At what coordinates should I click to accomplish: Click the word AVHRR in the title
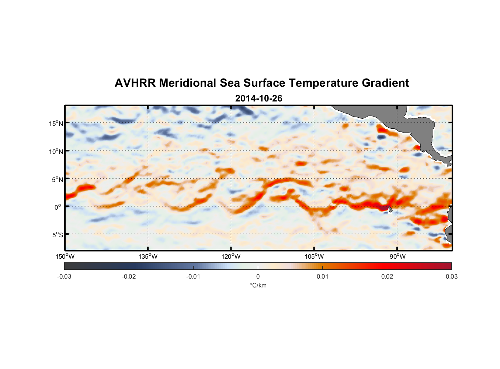point(135,83)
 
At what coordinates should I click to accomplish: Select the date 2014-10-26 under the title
point(258,99)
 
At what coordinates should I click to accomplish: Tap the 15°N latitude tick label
point(56,123)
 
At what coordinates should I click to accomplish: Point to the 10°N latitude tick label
point(56,151)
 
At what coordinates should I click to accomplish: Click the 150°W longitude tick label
point(65,256)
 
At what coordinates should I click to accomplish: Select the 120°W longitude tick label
point(231,256)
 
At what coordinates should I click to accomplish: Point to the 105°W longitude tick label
point(314,256)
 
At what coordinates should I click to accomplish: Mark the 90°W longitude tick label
point(397,256)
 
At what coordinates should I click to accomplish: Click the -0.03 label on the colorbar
point(64,276)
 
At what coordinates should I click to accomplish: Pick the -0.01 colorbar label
point(193,276)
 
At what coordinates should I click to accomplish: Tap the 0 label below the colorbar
point(258,276)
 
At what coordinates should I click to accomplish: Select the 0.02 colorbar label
point(387,276)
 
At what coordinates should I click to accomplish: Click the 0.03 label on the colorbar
point(451,276)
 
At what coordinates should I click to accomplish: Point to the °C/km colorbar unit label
point(258,285)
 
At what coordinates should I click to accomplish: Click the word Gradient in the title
point(385,83)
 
